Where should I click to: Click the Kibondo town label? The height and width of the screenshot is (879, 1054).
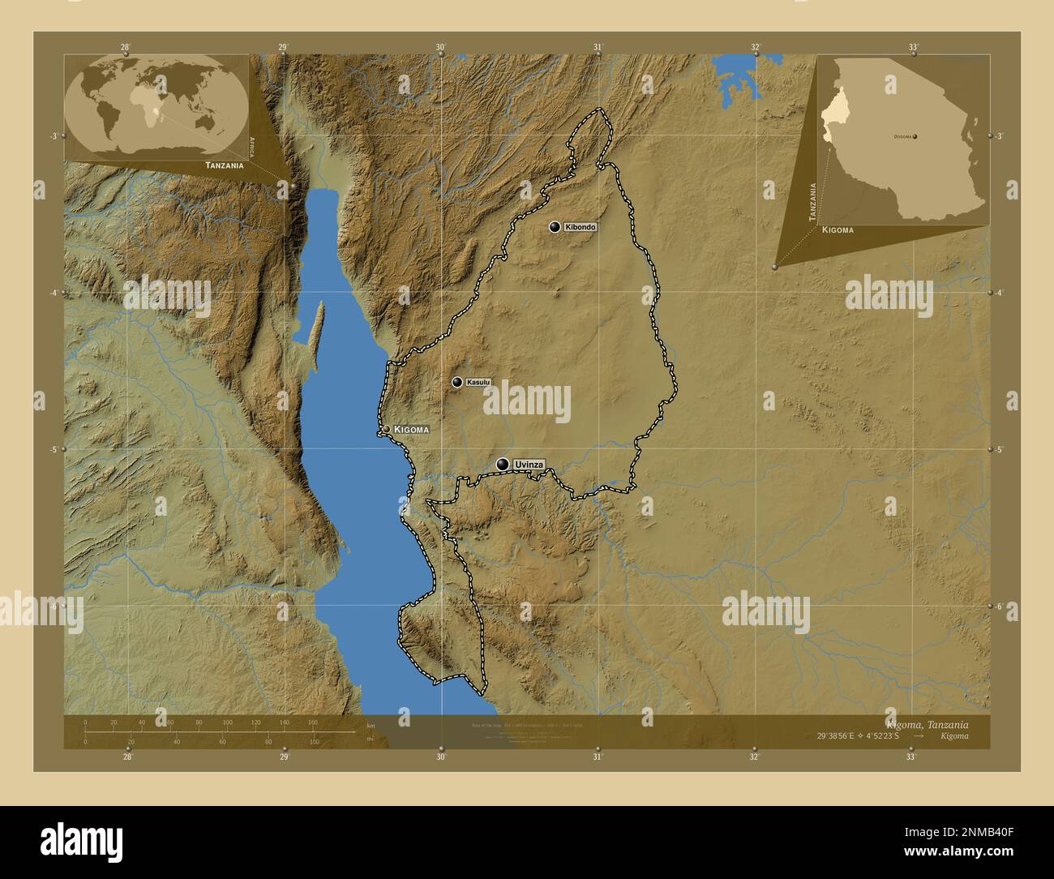point(581,227)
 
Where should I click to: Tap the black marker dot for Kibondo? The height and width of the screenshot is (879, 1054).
point(555,227)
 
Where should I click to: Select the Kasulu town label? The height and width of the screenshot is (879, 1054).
point(478,382)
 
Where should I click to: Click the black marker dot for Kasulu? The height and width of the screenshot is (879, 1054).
point(457,382)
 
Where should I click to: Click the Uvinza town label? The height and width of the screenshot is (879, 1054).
point(529,465)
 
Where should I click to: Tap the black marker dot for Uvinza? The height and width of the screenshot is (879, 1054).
point(503,464)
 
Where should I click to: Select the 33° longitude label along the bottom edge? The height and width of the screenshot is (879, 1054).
point(910,757)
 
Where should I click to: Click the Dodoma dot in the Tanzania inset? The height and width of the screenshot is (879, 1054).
point(915,137)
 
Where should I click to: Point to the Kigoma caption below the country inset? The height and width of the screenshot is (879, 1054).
point(838,230)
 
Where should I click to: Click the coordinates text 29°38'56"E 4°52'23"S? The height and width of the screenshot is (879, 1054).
point(859,735)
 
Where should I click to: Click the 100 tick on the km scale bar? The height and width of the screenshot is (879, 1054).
point(227,722)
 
